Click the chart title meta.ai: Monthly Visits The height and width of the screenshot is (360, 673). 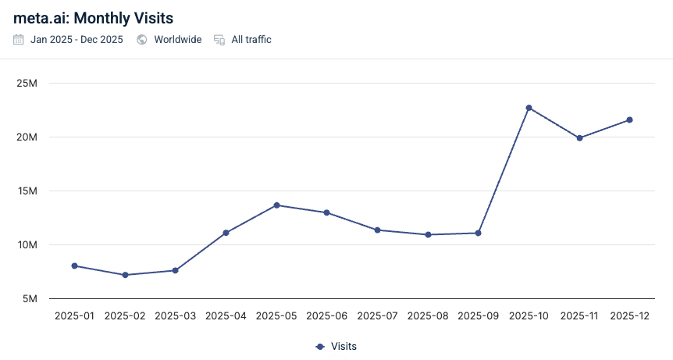pos(93,16)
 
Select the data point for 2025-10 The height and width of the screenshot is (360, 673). pos(529,108)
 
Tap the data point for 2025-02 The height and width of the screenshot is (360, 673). pos(125,275)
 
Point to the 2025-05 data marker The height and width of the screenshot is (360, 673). pos(276,205)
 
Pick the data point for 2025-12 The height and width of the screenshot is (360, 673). pos(629,119)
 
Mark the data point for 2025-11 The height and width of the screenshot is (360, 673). pos(579,138)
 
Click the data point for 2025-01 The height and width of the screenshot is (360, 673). pos(74,266)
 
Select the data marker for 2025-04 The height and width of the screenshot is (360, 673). pos(226,233)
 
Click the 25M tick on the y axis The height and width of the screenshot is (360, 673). pos(37,84)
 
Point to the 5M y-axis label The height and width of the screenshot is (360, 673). pos(40,299)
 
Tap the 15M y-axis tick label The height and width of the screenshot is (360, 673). pos(37,191)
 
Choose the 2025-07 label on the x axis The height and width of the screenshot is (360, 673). pos(377,316)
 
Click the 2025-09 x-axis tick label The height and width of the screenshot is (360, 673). pos(478,316)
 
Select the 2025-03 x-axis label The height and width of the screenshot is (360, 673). pos(175,316)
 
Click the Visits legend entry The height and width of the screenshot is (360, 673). pos(336,346)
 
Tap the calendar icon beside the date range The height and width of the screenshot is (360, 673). pos(19,40)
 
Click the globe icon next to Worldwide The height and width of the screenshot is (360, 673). pos(142,40)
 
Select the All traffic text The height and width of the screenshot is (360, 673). pos(251,40)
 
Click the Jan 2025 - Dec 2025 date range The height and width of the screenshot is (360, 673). pos(77,40)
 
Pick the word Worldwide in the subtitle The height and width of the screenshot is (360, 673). pos(177,40)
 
